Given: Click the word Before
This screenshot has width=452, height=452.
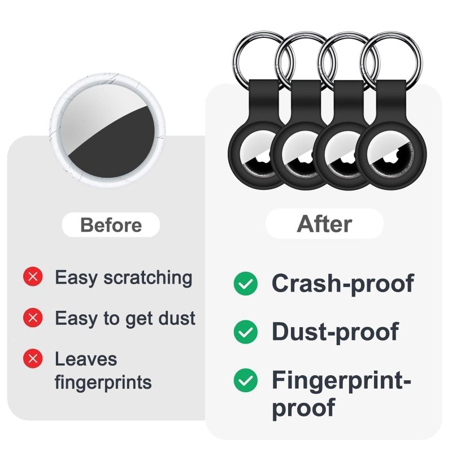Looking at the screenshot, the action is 111,225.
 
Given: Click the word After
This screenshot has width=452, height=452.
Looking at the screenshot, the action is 324,224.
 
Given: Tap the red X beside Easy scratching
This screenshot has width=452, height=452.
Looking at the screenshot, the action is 33,276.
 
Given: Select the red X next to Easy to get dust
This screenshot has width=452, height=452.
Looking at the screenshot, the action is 33,318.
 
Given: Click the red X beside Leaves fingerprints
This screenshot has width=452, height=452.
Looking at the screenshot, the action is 33,358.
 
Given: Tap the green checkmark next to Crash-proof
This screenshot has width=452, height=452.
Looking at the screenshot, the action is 246,284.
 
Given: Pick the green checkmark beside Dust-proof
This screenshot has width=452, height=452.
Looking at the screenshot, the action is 246,332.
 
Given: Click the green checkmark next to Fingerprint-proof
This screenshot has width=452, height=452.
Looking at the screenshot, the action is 246,380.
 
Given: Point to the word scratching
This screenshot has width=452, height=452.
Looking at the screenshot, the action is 148,278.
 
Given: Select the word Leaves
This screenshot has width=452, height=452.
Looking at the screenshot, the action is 86,359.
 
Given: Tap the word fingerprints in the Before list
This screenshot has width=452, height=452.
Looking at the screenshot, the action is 103,383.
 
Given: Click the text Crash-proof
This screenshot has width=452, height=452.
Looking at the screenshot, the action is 343,284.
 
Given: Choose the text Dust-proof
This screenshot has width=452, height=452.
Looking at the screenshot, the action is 335,332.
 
